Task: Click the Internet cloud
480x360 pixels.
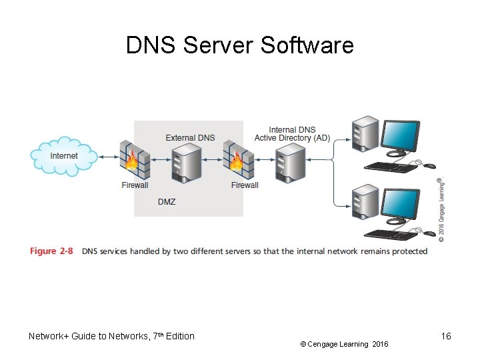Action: click(63, 156)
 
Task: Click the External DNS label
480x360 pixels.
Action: click(190, 138)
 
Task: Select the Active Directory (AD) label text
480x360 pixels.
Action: click(292, 138)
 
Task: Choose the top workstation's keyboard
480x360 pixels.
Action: click(391, 166)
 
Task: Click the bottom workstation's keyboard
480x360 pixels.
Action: click(391, 234)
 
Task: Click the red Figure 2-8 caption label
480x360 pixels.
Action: click(51, 251)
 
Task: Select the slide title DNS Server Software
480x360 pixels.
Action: click(240, 45)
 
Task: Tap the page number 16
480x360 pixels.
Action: click(446, 336)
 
